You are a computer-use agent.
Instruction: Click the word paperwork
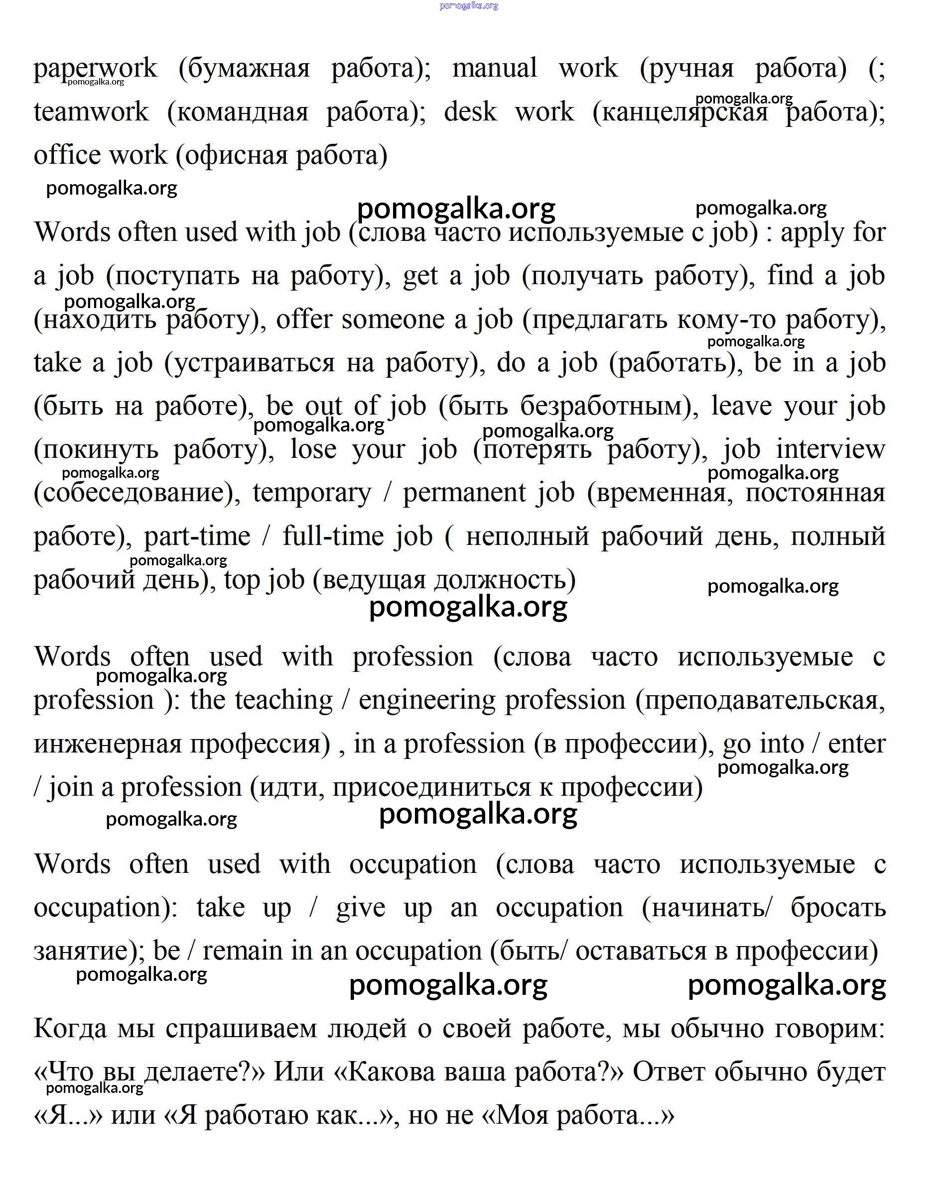(x=95, y=69)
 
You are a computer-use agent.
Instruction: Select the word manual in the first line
(x=494, y=69)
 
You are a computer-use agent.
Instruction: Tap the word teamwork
(x=91, y=112)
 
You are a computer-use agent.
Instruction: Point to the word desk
(x=470, y=112)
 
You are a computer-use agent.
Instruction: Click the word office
(x=63, y=155)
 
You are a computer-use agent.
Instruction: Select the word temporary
(x=311, y=493)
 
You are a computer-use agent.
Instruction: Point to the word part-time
(x=197, y=536)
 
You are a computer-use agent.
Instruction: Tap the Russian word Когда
(x=70, y=1029)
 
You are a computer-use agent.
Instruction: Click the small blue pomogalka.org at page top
(x=469, y=6)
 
